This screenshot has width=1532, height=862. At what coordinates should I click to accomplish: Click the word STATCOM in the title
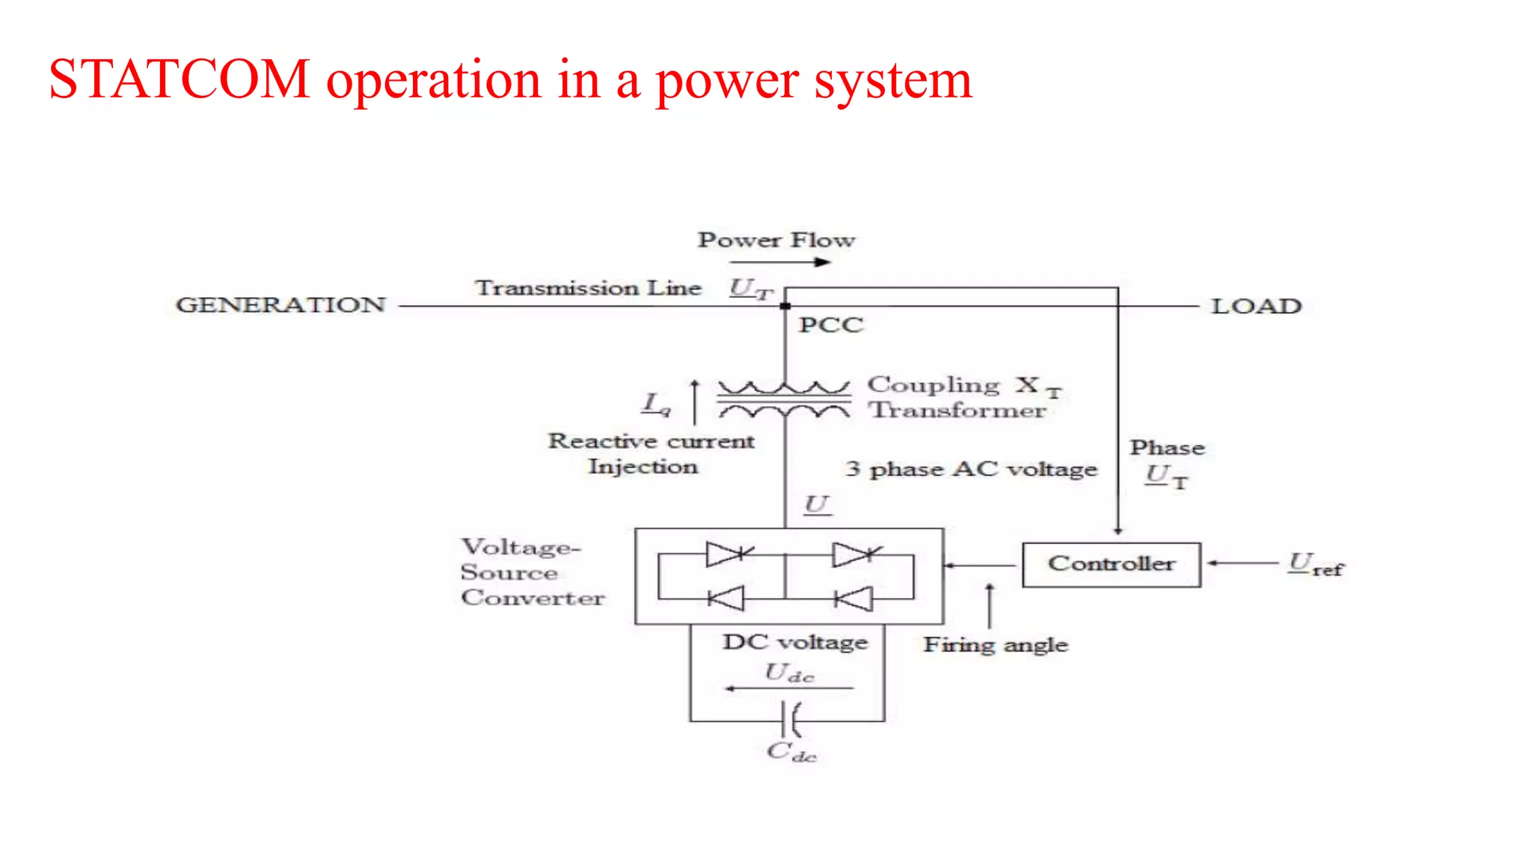[180, 79]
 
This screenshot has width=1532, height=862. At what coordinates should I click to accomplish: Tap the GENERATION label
[281, 305]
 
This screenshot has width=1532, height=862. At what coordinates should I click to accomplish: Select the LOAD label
[1256, 306]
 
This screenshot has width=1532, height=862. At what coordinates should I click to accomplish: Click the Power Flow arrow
[779, 263]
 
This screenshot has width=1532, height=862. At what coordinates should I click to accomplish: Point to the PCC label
[830, 325]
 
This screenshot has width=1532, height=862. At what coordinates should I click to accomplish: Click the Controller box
[1111, 564]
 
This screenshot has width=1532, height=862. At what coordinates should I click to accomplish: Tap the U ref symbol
[1314, 564]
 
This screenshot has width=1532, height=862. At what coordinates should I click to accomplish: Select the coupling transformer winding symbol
[784, 400]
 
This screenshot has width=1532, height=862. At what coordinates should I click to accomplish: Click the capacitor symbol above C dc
[790, 720]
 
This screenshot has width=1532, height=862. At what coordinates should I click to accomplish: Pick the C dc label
[791, 752]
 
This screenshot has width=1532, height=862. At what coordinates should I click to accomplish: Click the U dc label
[788, 673]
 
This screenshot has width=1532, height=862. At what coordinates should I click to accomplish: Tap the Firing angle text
[995, 645]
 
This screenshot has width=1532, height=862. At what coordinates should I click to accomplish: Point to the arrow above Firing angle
[990, 605]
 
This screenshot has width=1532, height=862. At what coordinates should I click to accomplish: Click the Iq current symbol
[657, 404]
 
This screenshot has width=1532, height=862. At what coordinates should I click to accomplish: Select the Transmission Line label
[589, 288]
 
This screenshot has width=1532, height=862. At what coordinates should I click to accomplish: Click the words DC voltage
[794, 643]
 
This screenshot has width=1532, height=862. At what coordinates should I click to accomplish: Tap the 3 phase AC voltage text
[971, 469]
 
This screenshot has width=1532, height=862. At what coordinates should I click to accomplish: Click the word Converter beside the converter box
[533, 598]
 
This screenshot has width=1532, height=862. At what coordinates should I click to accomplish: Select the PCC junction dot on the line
[785, 306]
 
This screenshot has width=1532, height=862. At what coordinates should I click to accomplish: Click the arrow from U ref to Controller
[1242, 563]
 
